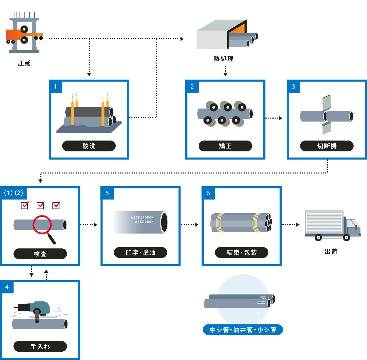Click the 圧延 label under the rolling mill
tap(24, 63)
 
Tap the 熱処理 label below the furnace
tap(223, 59)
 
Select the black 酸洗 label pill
tap(89, 146)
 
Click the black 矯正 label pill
tap(225, 146)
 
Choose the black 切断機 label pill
tap(327, 146)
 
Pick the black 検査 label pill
tap(40, 254)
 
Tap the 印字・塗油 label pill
tap(140, 252)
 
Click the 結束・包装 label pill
tap(242, 252)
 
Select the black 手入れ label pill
tap(40, 346)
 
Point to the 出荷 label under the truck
tap(331, 252)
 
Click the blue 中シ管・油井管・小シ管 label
tap(243, 330)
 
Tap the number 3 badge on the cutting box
tap(293, 87)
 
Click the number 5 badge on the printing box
tap(107, 193)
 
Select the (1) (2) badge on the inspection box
tap(13, 193)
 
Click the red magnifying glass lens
tap(42, 225)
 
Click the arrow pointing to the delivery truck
tap(291, 225)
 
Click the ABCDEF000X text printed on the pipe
tap(142, 217)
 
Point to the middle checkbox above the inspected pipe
tap(40, 205)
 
